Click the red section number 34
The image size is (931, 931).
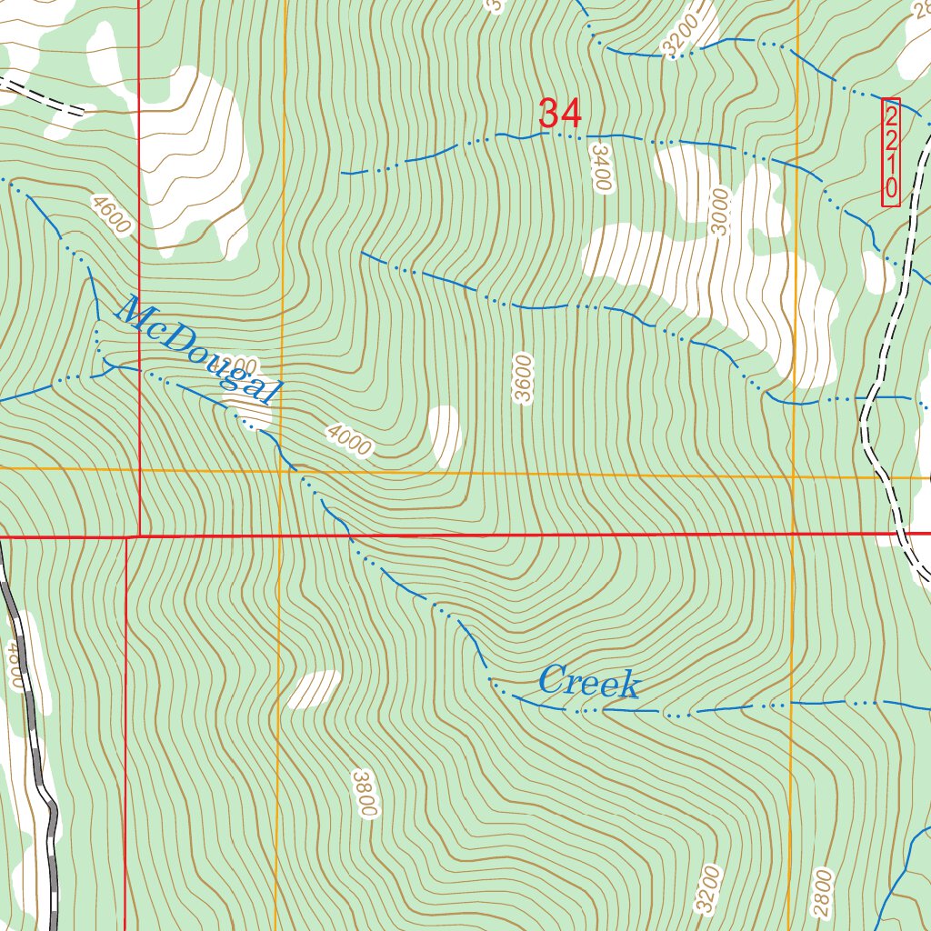[x=559, y=114]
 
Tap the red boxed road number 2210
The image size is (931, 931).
[x=891, y=152]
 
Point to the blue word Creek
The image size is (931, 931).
[x=589, y=682]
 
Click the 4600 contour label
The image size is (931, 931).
[x=112, y=211]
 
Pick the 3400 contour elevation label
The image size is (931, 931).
[x=601, y=166]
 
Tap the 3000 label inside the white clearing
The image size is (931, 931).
[x=721, y=211]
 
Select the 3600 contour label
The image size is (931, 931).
[x=523, y=380]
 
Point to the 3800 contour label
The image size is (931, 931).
[x=365, y=793]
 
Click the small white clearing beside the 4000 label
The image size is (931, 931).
[x=445, y=435]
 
